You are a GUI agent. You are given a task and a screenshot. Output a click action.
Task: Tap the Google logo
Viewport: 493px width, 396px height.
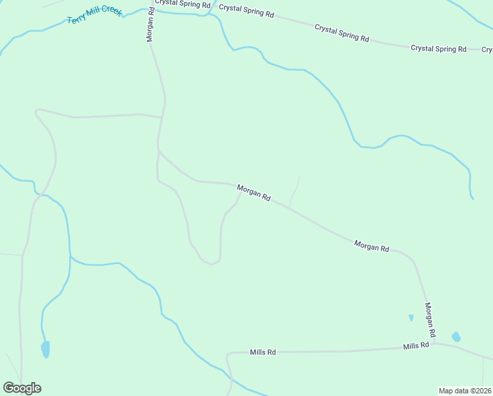tap(22, 388)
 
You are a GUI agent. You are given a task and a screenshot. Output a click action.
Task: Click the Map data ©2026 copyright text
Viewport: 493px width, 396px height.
tap(465, 391)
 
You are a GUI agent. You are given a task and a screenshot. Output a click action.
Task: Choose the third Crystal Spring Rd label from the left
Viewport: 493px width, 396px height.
tap(341, 32)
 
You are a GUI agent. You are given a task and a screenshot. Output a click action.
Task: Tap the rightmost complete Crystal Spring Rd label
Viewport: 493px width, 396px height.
tap(438, 49)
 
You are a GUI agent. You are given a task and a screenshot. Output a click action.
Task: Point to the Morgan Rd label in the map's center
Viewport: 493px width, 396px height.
tap(254, 193)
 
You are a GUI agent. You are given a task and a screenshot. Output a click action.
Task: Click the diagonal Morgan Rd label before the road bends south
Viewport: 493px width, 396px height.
tap(371, 246)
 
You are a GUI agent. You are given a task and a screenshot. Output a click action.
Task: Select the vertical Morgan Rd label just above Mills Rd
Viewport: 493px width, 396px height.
tap(429, 318)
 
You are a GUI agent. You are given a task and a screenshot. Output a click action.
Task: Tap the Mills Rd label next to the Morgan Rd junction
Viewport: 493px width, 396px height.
tap(416, 345)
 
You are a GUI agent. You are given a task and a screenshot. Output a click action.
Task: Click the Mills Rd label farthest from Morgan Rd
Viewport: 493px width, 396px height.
tap(262, 352)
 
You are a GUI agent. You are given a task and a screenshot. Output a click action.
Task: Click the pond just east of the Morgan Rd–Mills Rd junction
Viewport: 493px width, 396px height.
tap(455, 337)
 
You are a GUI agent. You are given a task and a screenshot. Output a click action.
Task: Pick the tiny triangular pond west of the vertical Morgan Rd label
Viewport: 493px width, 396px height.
tap(411, 317)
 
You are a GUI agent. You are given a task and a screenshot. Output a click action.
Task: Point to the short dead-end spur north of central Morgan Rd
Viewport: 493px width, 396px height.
tap(295, 191)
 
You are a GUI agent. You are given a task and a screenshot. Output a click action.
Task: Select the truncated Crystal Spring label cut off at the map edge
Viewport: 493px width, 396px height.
tap(487, 49)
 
